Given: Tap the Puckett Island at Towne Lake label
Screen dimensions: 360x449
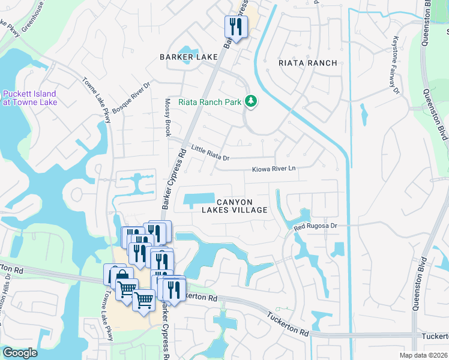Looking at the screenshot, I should [29, 98].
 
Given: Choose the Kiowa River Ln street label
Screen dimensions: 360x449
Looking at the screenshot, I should [274, 169].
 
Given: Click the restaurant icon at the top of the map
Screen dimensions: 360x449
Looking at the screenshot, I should [235, 26].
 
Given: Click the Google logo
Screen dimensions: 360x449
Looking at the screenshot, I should [20, 353].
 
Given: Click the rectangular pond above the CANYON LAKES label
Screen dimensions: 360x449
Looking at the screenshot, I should [199, 199].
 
